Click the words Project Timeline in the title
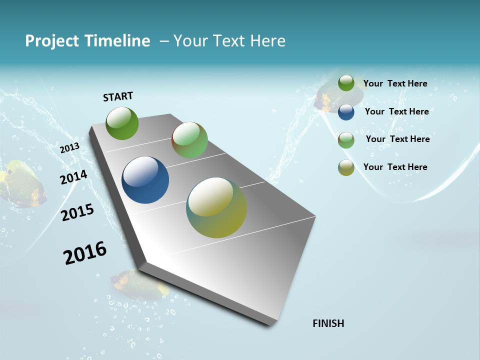point(87,41)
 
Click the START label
point(118,96)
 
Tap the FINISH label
point(328,323)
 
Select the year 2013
point(69,147)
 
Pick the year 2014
point(73,177)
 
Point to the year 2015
point(77,212)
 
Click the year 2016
point(85,253)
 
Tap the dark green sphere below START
point(122,123)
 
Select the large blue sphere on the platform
point(145,180)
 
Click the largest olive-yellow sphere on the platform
point(216,207)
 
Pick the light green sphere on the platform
point(189,140)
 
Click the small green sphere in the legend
point(346,83)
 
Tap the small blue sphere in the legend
point(346,112)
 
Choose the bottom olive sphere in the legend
point(346,167)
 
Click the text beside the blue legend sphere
point(396,111)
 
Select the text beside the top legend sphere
point(395,83)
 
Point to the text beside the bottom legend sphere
point(395,167)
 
